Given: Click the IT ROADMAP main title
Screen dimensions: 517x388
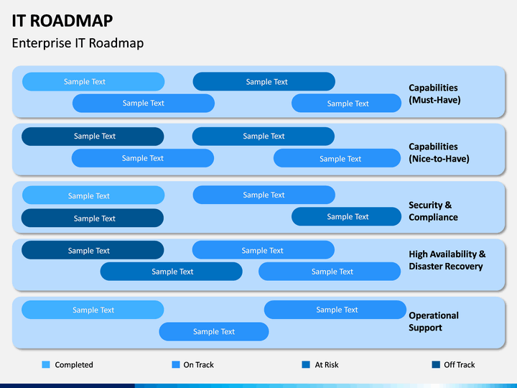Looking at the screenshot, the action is point(62,21).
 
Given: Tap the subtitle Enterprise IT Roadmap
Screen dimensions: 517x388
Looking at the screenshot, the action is point(78,43).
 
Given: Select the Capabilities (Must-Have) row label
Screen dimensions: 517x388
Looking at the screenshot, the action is point(434,93).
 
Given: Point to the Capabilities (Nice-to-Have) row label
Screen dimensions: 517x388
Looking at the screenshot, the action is point(439,152).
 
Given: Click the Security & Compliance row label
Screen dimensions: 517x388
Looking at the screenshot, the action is point(433,211).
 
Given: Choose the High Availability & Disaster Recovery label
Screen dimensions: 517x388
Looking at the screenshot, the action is point(447,260).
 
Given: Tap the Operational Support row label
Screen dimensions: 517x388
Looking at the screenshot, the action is point(434,321).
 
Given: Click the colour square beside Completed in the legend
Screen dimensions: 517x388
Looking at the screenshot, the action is point(46,364).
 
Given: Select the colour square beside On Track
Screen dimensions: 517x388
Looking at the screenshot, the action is point(176,364).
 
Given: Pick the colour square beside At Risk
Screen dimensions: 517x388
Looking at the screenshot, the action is point(306,364).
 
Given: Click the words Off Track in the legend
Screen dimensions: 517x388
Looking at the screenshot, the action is point(460,364).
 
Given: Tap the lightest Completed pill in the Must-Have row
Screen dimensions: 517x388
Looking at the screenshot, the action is point(93,81).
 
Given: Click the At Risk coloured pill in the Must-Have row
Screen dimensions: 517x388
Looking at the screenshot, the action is point(264,81).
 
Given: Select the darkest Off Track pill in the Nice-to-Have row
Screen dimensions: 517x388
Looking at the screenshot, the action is point(93,137).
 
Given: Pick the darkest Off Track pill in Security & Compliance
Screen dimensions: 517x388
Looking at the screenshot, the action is point(93,218).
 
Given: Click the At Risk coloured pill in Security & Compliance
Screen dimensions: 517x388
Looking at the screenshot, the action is point(346,216).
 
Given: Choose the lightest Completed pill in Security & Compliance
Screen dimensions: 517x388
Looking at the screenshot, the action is point(93,195).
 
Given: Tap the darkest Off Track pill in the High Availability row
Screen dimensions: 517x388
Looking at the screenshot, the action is point(93,250).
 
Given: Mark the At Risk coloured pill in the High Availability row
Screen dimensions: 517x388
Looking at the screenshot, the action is point(172,272).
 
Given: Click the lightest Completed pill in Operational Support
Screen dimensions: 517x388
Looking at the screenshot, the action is point(93,310).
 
